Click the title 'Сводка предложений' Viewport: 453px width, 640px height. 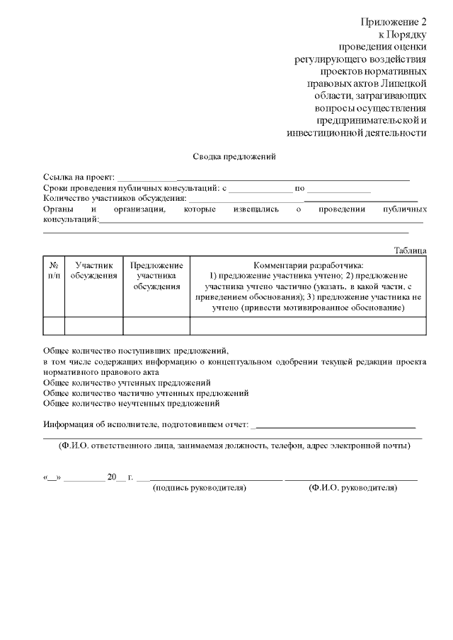point(234,156)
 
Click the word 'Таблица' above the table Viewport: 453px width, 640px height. point(410,250)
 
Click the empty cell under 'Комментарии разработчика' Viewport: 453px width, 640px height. point(308,325)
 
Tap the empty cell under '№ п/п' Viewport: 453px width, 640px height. point(54,325)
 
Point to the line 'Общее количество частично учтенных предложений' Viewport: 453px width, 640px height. point(145,392)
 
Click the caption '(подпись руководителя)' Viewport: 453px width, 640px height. point(200,488)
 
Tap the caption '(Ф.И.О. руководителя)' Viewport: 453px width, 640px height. point(352,488)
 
